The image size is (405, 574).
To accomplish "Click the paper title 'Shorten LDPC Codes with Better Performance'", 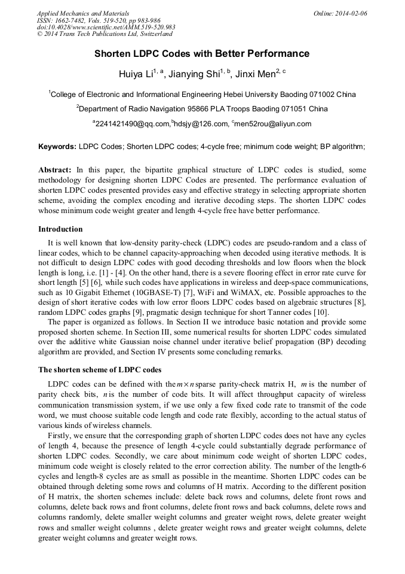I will tap(202, 54).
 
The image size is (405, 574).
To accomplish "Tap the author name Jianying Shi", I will tap(194, 74).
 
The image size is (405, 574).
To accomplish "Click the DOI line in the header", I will tap(106, 28).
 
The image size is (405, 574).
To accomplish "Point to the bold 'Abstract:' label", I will tap(55, 171).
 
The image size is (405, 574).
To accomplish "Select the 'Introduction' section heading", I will tap(60, 229).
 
